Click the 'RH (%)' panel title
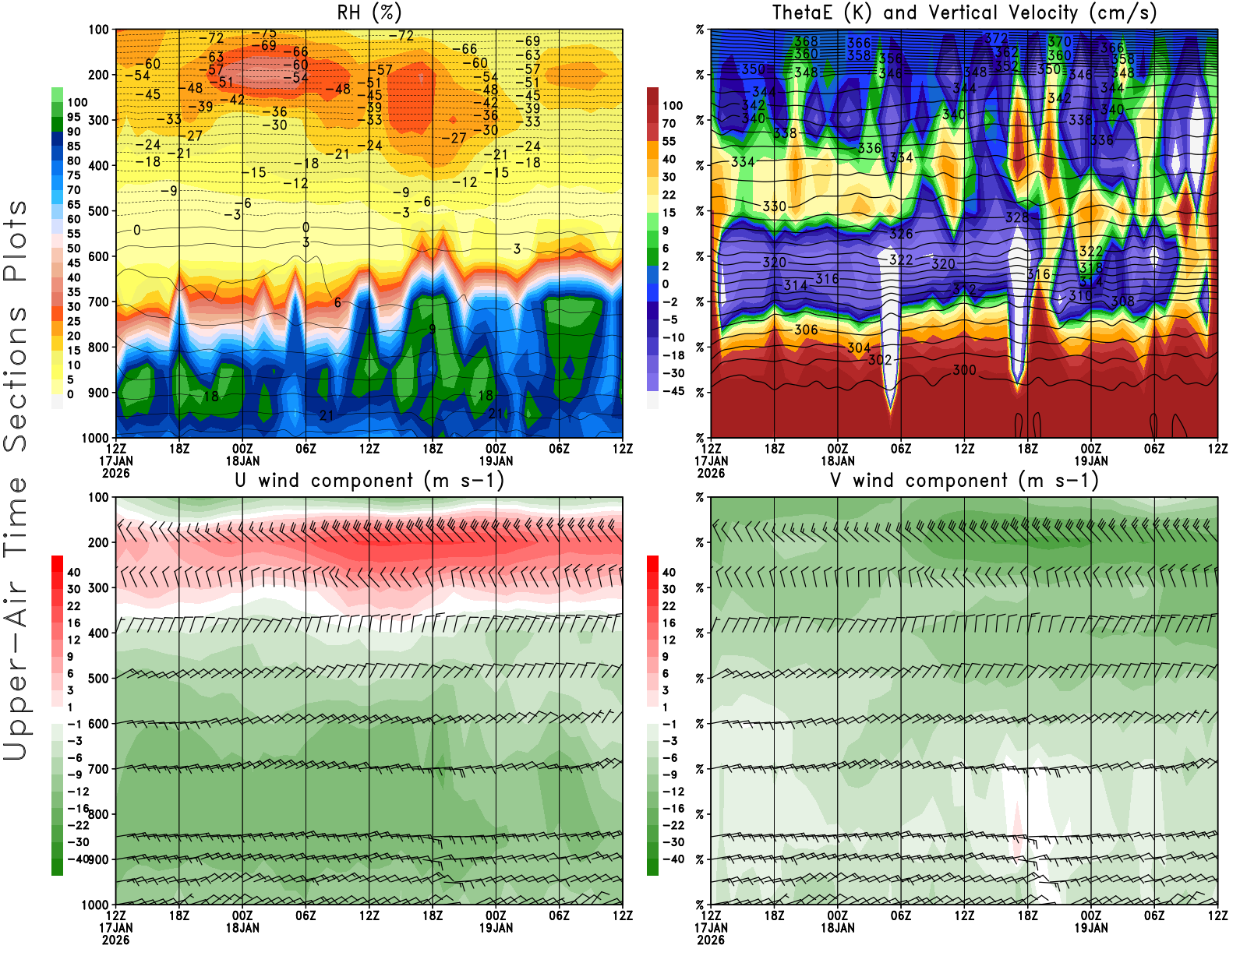(369, 13)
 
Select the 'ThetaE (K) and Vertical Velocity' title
(964, 13)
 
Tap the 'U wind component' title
(369, 481)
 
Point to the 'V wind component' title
(964, 481)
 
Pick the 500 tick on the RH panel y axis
(98, 211)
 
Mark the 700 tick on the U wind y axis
(98, 769)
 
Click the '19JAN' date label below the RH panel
(496, 461)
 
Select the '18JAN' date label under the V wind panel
(838, 928)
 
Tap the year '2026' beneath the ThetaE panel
(711, 473)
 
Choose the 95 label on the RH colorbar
(74, 117)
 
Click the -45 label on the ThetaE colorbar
(673, 391)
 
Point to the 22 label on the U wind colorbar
(74, 606)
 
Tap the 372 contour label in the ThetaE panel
(996, 38)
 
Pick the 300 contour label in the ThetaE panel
(964, 370)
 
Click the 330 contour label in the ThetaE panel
(774, 206)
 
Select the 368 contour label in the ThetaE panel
(806, 41)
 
